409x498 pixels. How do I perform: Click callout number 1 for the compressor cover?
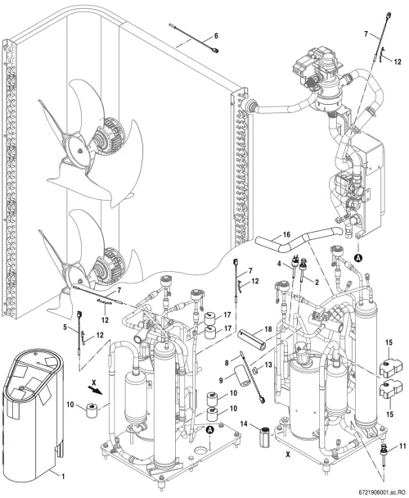tap(63, 476)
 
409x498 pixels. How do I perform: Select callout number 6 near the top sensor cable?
tap(216, 36)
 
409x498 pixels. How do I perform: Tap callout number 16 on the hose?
tap(286, 235)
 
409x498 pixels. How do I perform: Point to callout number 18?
tap(268, 328)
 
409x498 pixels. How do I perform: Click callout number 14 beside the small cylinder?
tap(244, 423)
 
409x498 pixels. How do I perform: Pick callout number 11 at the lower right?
tap(402, 446)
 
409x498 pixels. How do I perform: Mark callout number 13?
tap(268, 365)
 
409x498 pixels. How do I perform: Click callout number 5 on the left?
tap(65, 327)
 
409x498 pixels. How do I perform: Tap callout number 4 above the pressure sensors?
tap(279, 263)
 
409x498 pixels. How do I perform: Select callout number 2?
tap(317, 282)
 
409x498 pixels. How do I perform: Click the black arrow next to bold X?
tap(95, 390)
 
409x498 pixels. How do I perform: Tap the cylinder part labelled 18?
tap(252, 340)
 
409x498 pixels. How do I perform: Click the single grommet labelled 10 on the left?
tap(92, 410)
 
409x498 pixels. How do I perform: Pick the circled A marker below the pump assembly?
tap(359, 258)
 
